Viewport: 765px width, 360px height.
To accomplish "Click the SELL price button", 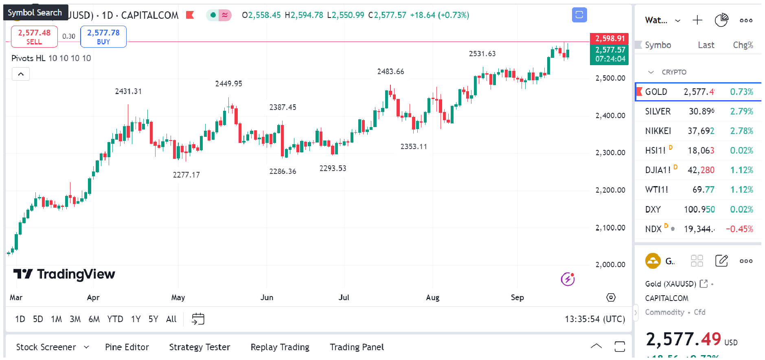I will point(34,37).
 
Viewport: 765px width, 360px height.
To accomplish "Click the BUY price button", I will point(103,37).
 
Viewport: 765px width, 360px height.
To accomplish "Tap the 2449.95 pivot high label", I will point(228,83).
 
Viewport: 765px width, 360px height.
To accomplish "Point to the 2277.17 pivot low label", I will point(186,175).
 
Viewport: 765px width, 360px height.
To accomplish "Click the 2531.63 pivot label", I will point(482,54).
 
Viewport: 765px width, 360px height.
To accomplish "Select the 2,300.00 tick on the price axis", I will point(610,153).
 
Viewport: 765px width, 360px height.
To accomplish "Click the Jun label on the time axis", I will point(267,297).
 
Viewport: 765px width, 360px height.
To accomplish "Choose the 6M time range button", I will point(94,319).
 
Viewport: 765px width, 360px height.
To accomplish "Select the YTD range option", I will point(115,319).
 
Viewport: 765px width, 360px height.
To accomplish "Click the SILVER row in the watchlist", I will point(658,111).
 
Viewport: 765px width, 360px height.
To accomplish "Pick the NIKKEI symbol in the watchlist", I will point(658,131).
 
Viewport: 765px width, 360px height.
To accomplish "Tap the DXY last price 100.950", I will point(699,209).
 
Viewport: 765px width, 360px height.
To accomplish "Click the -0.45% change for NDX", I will point(739,229).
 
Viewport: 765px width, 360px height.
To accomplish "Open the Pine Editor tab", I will point(127,347).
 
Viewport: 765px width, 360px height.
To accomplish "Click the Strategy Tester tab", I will point(199,347).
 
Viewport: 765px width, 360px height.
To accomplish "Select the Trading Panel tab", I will point(357,347).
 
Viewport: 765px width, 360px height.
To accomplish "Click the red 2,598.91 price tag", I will point(609,38).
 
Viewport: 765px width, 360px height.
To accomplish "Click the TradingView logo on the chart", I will point(64,274).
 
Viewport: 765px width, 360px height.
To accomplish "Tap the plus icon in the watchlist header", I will point(697,20).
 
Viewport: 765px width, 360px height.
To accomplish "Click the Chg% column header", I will point(743,45).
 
